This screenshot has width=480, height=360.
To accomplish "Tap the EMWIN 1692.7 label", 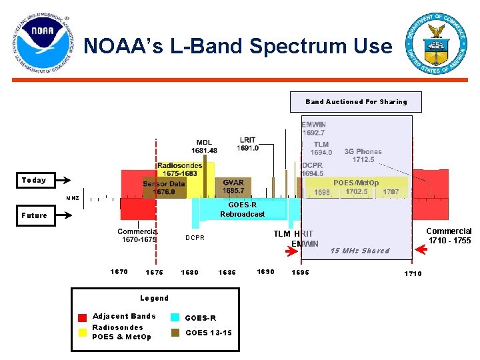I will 313,129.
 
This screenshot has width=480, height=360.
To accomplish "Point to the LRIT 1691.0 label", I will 248,144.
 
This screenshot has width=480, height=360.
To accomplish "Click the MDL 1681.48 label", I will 204,147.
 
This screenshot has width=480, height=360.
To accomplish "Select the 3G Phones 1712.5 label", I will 363,155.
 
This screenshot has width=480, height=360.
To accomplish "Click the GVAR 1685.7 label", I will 233,187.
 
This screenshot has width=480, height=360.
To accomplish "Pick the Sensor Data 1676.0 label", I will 164,187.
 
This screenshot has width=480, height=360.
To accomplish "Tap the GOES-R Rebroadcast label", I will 242,209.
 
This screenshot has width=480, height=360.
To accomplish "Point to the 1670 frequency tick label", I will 119,271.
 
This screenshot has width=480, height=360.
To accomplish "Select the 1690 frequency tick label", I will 266,271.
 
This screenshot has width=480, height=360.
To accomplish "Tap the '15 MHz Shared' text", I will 360,251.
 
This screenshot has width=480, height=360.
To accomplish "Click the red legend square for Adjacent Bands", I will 82,317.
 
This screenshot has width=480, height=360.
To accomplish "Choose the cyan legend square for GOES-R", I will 175,317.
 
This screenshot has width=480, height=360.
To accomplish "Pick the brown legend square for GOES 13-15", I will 175,332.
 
